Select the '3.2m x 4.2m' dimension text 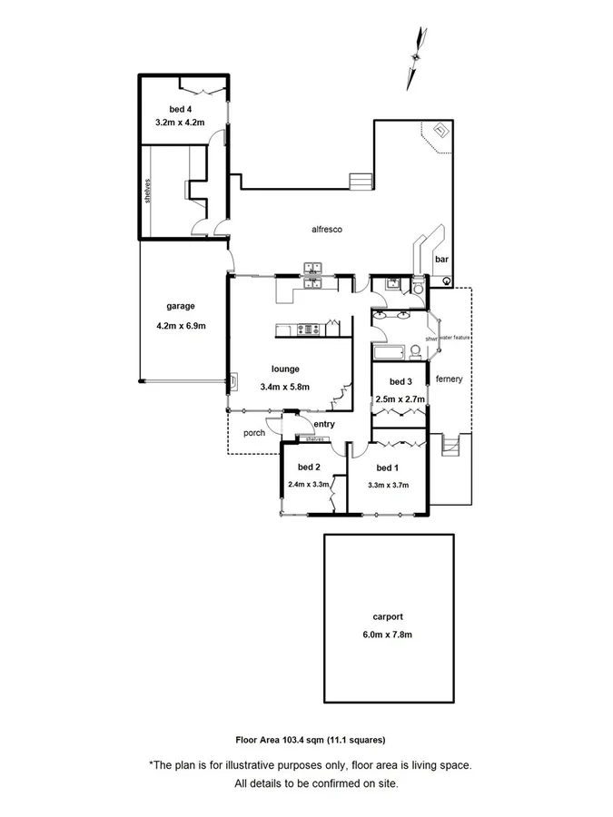tap(181, 121)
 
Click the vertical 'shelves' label tap(146, 192)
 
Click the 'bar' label tap(441, 260)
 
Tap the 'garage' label tap(181, 306)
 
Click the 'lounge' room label tap(285, 369)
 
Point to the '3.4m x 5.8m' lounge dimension tap(284, 387)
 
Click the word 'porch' tap(254, 433)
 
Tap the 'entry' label tap(324, 424)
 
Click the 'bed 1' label tap(387, 468)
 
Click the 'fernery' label tap(449, 379)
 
